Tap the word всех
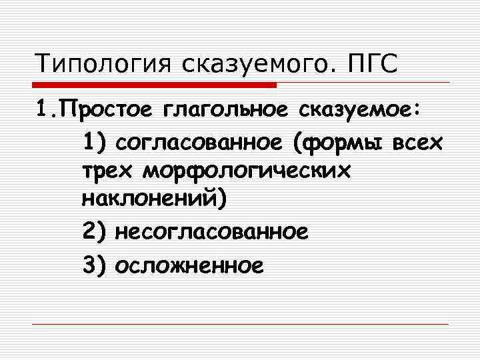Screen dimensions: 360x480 pyautogui.click(x=419, y=141)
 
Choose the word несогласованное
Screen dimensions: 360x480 pyautogui.click(x=211, y=232)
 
